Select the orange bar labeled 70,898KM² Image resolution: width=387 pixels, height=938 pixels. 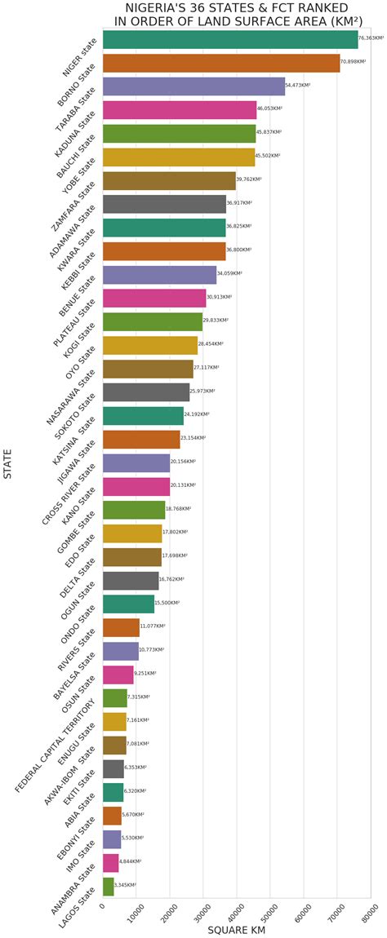[221, 63]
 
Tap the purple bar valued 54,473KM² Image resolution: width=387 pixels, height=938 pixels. [193, 86]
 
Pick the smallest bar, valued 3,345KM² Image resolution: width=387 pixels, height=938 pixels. [108, 886]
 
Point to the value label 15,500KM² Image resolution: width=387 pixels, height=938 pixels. [167, 603]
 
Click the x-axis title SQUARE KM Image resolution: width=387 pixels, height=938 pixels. [236, 930]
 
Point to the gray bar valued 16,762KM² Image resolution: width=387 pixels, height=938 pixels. [131, 580]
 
